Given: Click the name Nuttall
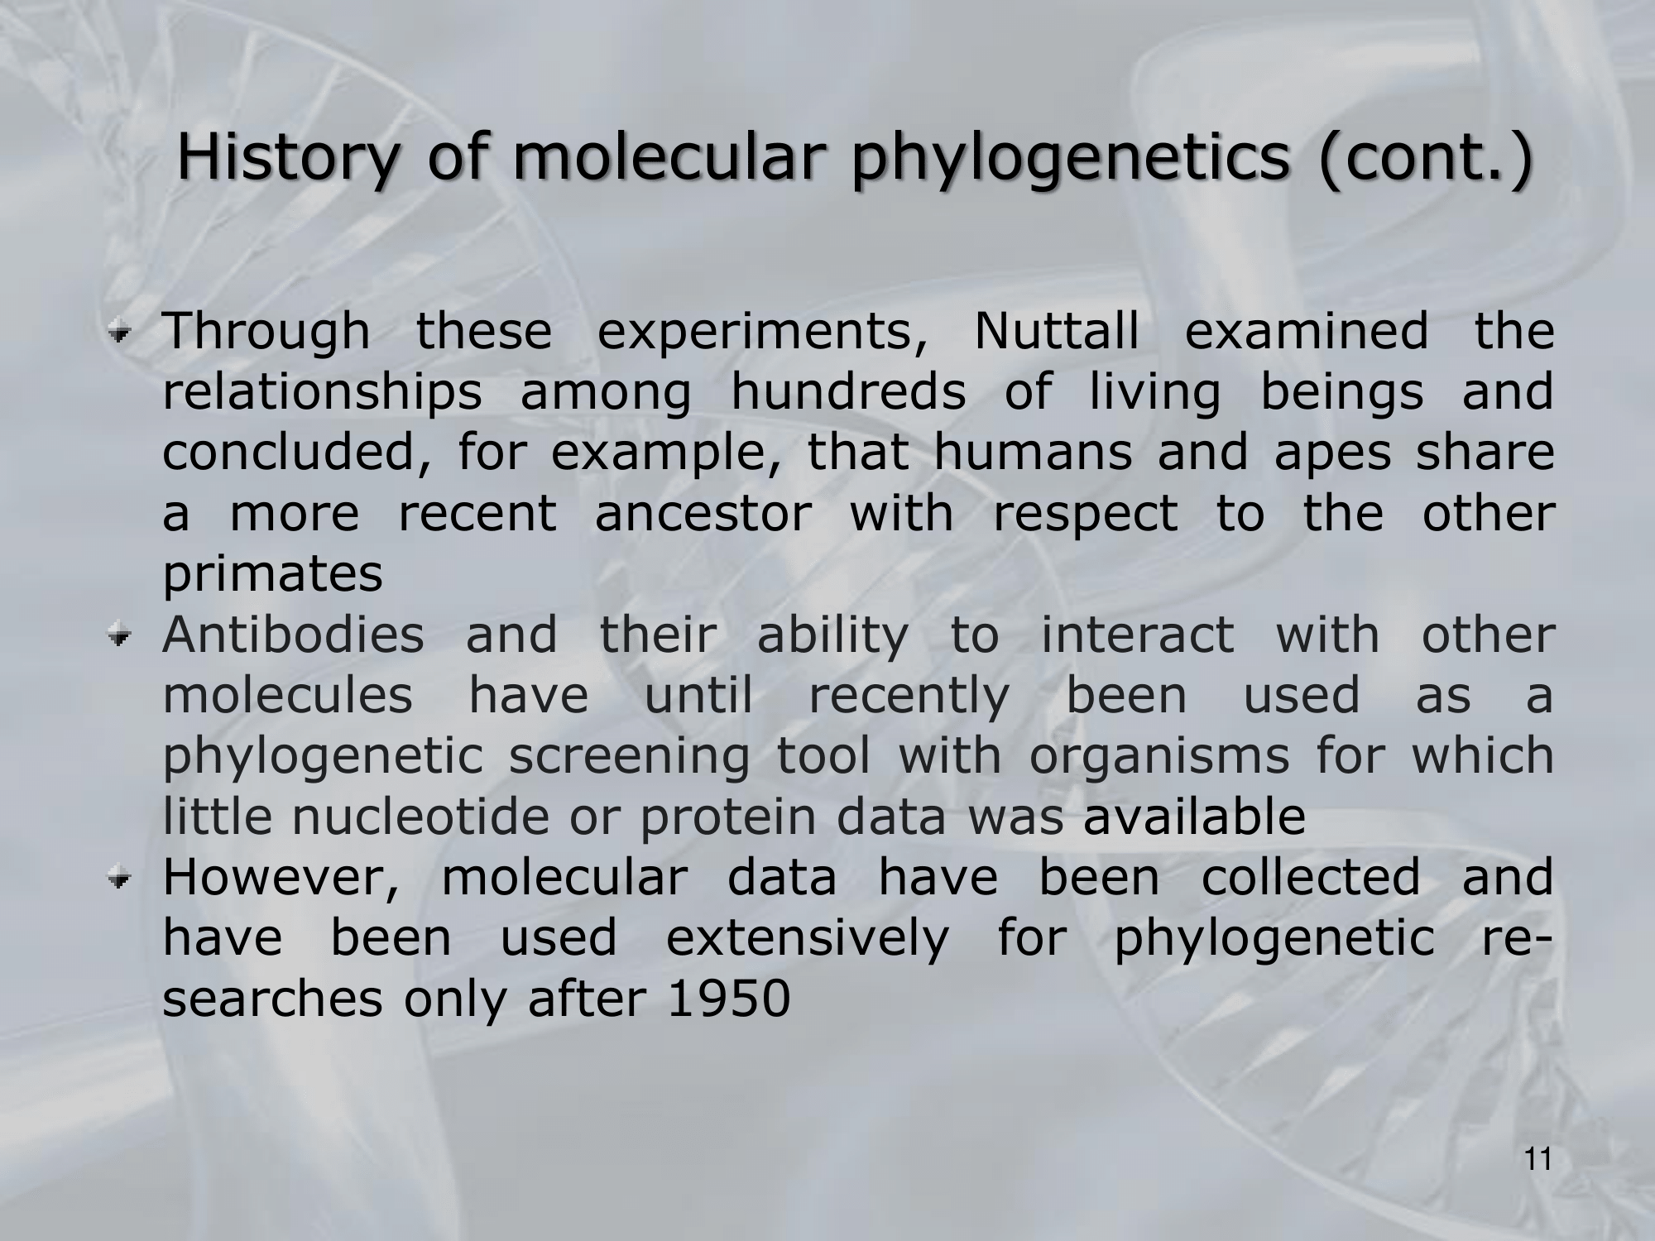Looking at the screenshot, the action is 1057,331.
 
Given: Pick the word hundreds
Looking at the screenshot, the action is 848,391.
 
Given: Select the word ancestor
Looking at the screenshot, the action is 703,515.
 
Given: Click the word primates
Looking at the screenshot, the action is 273,576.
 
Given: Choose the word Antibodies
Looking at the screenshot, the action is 293,635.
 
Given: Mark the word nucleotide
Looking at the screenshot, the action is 420,817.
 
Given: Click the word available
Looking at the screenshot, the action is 1195,817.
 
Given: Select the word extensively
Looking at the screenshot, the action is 808,939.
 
